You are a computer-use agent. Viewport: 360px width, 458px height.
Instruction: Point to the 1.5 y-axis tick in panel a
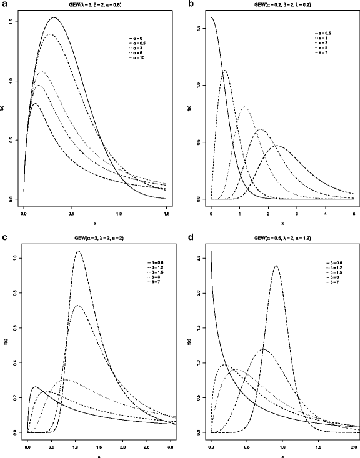pos(12,22)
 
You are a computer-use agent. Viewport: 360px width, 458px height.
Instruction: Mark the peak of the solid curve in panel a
pos(54,17)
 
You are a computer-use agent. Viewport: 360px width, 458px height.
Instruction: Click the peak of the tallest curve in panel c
pos(77,251)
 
